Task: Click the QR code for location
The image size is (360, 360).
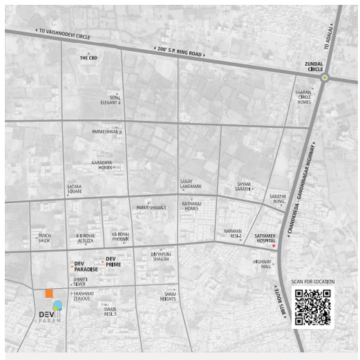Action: coord(312,306)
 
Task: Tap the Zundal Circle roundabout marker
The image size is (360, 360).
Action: coord(324,78)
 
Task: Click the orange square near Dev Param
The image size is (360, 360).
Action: coord(49,294)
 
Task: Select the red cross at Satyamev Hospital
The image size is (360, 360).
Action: coord(273,246)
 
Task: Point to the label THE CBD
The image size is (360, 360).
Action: coord(88,58)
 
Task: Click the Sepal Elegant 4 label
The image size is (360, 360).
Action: coord(111,100)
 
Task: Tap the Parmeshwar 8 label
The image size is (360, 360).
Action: coord(106,131)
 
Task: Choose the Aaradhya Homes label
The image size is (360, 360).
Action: coord(102,165)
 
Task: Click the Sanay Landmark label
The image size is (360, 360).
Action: coord(191,184)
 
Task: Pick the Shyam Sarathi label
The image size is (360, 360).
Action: coord(243,187)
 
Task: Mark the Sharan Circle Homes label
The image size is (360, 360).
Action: coord(304,97)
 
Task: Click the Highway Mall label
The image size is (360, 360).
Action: coord(262,264)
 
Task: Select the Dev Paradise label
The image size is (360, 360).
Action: coord(86,267)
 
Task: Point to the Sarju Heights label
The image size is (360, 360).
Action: coord(168,296)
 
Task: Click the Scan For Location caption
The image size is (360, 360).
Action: coord(313,282)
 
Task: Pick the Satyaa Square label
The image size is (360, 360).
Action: coord(74,189)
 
